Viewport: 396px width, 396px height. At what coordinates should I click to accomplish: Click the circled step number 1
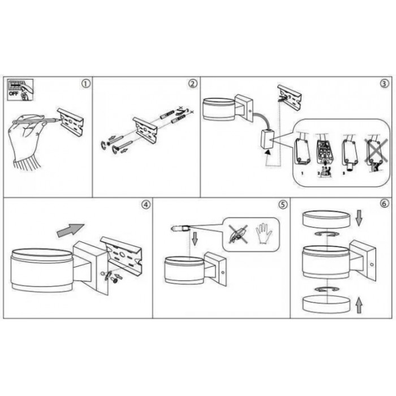[x=86, y=84]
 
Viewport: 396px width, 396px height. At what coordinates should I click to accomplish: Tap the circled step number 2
[x=193, y=84]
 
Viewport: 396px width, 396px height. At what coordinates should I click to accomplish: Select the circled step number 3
[x=384, y=84]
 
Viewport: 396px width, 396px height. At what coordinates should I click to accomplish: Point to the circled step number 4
[x=146, y=205]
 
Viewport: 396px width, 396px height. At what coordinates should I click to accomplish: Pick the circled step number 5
[x=283, y=204]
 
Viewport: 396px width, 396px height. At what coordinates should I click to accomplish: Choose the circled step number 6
[x=384, y=203]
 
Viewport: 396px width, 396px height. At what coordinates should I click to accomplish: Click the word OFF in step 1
[x=14, y=94]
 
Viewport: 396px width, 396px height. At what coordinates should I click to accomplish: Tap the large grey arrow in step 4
[x=71, y=230]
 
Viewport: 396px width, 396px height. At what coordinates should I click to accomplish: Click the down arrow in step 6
[x=359, y=218]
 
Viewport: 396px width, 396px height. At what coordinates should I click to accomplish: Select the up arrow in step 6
[x=359, y=305]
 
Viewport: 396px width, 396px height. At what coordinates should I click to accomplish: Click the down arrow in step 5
[x=195, y=239]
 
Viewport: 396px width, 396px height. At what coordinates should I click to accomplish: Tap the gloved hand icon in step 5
[x=264, y=234]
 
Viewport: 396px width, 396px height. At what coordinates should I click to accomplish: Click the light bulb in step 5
[x=179, y=229]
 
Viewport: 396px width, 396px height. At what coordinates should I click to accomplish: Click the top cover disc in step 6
[x=326, y=219]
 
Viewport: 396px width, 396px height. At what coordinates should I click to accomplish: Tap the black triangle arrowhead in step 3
[x=268, y=152]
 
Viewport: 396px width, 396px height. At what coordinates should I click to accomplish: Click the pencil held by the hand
[x=37, y=120]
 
